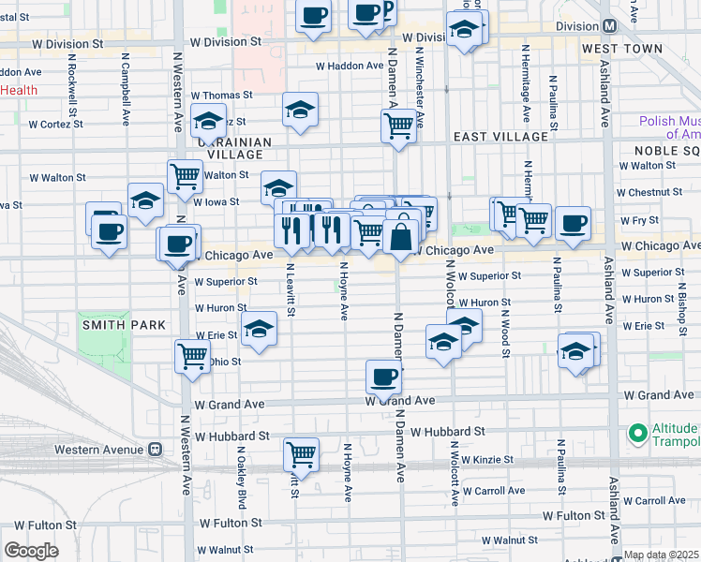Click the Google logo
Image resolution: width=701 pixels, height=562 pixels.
pyautogui.click(x=31, y=551)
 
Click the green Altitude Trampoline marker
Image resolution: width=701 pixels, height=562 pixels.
pyautogui.click(x=638, y=434)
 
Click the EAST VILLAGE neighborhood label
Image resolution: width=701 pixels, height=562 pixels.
pyautogui.click(x=500, y=137)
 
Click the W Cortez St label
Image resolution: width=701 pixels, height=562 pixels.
pyautogui.click(x=57, y=123)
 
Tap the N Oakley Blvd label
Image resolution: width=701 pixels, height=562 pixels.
pyautogui.click(x=241, y=477)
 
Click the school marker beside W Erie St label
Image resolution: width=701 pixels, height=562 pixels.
pyautogui.click(x=259, y=329)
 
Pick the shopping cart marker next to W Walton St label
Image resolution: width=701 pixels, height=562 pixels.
pyautogui.click(x=186, y=174)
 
